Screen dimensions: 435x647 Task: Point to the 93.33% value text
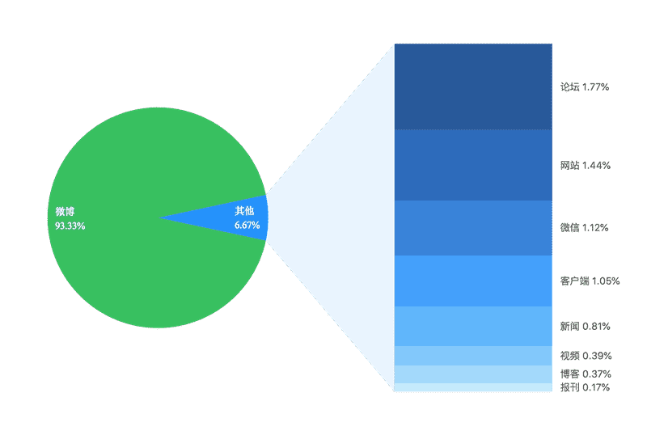tap(70, 226)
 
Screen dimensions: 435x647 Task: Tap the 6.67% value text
tap(247, 226)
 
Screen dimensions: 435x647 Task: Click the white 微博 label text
tap(65, 212)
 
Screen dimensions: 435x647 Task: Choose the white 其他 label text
tap(244, 211)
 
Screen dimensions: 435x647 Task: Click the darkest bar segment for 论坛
tap(473, 87)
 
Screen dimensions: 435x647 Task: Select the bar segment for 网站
tap(473, 165)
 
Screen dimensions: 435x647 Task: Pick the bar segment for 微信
tap(473, 228)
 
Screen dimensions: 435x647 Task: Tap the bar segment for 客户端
tap(473, 281)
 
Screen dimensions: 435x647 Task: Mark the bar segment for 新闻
tap(473, 326)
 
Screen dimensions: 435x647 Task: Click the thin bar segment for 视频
tap(473, 356)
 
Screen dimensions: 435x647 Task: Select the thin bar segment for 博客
tap(473, 374)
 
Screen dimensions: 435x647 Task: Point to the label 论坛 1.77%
tap(585, 87)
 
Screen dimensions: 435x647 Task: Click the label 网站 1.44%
tap(585, 165)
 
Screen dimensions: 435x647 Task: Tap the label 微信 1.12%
tap(585, 228)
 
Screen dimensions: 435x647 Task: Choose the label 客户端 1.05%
tap(590, 281)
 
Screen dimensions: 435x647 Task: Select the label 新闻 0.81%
tap(585, 327)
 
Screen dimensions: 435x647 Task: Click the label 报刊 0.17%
tap(585, 388)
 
